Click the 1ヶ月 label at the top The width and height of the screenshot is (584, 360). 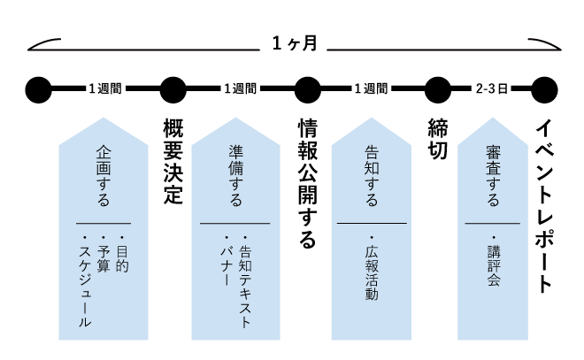click(x=295, y=43)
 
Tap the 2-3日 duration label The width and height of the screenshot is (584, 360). click(x=492, y=88)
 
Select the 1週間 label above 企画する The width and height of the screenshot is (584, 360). click(x=105, y=88)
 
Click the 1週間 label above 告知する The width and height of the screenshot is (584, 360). click(x=371, y=88)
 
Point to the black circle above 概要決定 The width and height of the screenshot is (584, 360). click(x=173, y=89)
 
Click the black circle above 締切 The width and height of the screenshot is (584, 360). click(x=438, y=89)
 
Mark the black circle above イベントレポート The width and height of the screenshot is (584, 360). click(x=544, y=89)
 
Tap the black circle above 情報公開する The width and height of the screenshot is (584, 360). click(x=307, y=89)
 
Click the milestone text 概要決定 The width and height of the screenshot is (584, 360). click(x=173, y=161)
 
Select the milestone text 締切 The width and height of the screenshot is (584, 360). click(x=438, y=139)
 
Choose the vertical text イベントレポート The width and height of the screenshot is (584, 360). click(x=544, y=206)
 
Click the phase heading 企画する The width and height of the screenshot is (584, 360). click(x=104, y=176)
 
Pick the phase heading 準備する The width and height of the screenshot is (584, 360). click(x=235, y=176)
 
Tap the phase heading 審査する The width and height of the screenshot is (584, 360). click(x=493, y=176)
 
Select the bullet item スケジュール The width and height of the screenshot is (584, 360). click(x=85, y=281)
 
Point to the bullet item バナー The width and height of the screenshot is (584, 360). click(x=227, y=261)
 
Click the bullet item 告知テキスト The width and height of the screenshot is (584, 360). click(x=245, y=282)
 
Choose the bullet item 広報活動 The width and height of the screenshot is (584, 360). click(x=372, y=268)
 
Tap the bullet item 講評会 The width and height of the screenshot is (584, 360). click(x=494, y=261)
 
